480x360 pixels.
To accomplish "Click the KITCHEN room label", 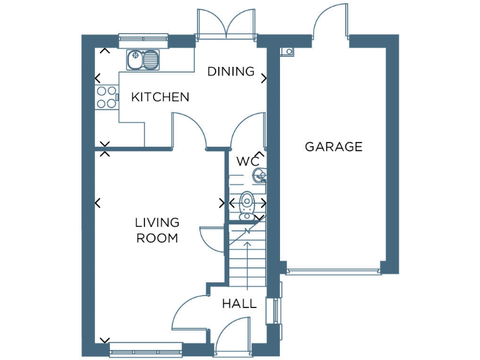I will [x=160, y=97].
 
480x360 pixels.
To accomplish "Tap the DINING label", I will [x=231, y=71].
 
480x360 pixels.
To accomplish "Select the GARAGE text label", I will [x=334, y=147].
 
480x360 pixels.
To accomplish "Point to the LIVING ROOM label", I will [x=157, y=230].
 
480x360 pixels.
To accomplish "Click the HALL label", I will [x=239, y=304].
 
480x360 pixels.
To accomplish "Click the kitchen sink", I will [x=143, y=60].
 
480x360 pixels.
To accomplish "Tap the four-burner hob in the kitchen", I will [x=106, y=97].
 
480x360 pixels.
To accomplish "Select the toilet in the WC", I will [x=247, y=205].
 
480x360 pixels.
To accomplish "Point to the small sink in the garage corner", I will [x=289, y=51].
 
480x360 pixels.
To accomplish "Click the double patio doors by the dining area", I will [x=227, y=25].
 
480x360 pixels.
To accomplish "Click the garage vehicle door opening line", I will [x=333, y=271].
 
